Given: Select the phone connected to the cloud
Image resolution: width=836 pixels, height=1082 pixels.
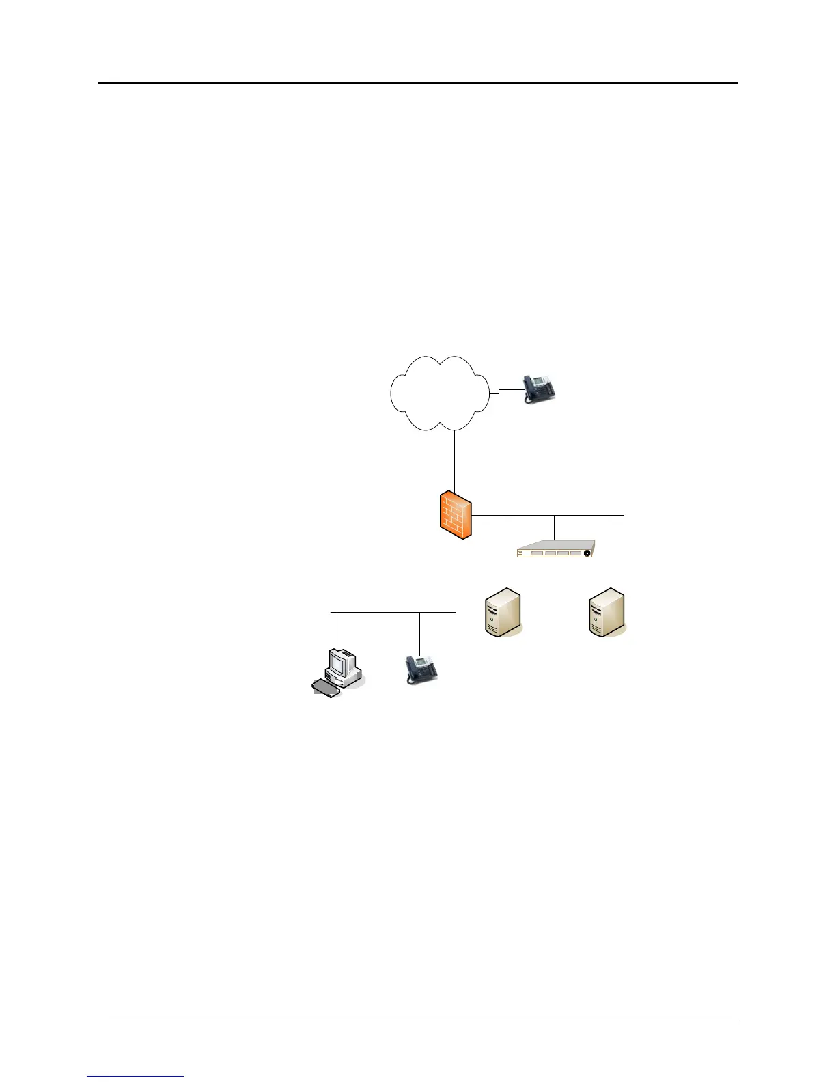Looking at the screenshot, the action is coord(540,389).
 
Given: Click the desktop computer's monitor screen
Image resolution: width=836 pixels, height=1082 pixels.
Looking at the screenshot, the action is coord(339,661).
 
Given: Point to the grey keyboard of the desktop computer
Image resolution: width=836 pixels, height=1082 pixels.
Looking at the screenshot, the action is coord(326,688).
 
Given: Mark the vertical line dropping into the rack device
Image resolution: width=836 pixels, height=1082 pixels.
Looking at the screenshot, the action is coord(554,527).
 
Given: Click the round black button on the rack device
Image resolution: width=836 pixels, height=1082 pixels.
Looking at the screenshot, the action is coord(587,553).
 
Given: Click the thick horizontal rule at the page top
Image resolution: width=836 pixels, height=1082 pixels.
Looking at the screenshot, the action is coord(418,83).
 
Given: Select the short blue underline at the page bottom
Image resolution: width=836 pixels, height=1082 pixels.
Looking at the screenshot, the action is coord(135,1076).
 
